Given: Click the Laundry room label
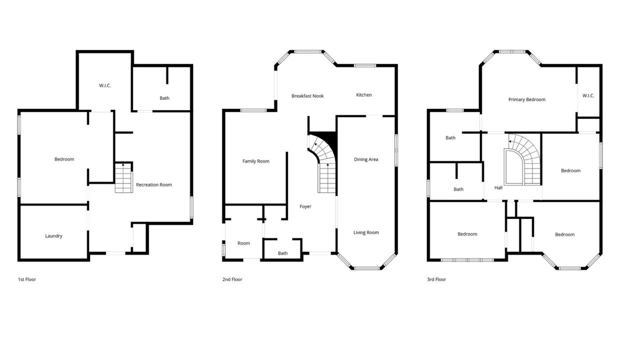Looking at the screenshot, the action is point(53,236).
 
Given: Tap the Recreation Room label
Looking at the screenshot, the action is point(154,184).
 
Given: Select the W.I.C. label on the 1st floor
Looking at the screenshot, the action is point(105,85).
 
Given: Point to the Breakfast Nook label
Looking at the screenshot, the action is point(307,95).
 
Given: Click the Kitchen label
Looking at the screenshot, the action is point(363,94).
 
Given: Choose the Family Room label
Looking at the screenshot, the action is point(256,161).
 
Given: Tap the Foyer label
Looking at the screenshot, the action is point(305,206).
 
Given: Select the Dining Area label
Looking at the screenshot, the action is point(366,159).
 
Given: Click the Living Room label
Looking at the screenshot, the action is point(366,232).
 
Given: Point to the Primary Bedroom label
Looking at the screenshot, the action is point(526,99).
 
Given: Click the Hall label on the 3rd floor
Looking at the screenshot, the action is point(498,187).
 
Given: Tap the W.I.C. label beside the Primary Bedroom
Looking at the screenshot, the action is point(588,95).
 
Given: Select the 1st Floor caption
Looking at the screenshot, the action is point(27,279).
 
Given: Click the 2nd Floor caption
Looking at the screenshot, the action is point(232,279).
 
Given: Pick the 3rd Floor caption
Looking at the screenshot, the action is point(436,279).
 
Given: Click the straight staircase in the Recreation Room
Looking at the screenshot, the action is point(123,177).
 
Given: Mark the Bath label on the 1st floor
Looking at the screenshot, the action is point(164,98).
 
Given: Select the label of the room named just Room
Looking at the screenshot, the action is point(243,243).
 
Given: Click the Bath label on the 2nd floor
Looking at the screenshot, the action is point(282,253).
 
